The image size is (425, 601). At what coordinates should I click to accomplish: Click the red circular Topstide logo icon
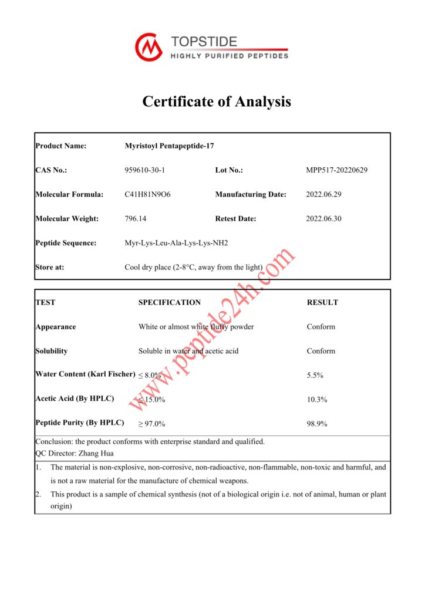149,47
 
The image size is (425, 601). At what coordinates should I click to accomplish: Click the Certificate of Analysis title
217,102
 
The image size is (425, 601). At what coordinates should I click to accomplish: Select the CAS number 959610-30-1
145,170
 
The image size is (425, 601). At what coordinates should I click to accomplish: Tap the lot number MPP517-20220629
336,170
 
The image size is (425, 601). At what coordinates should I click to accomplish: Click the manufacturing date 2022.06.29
324,194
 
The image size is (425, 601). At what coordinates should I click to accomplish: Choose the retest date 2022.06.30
324,218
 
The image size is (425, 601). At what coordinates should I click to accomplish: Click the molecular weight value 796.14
136,218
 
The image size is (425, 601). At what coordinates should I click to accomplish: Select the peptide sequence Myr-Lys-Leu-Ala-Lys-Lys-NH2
176,243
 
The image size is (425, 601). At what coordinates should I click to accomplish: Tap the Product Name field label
60,146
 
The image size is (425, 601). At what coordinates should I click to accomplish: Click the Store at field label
50,267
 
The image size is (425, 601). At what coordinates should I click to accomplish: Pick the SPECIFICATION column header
170,302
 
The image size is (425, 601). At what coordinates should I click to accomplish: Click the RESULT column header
322,302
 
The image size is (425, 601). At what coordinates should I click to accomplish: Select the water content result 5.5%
316,375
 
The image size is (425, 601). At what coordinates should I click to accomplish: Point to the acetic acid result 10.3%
318,399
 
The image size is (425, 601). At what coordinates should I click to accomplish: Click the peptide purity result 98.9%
317,423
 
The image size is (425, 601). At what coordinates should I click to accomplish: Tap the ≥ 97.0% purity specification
152,424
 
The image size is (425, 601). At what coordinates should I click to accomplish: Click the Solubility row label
52,351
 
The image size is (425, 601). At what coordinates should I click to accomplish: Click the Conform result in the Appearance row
321,327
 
